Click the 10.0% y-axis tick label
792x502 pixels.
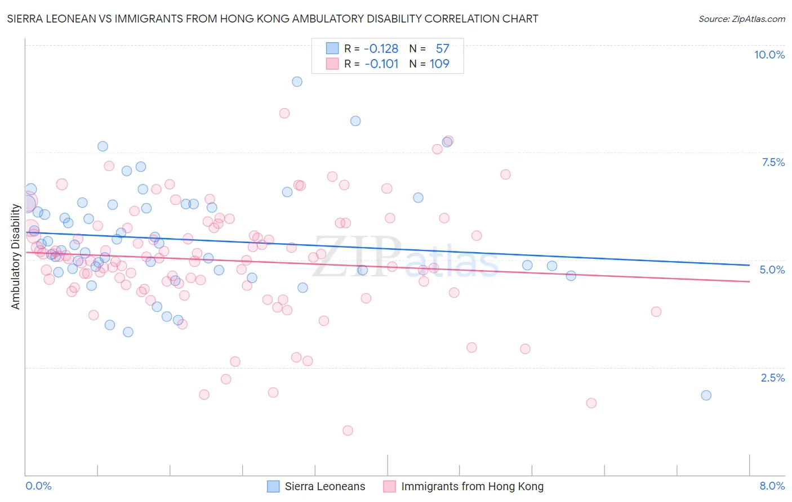[769, 55]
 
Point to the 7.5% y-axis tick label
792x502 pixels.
[773, 162]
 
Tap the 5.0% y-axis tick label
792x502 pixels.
[772, 270]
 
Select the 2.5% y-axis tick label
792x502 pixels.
[772, 378]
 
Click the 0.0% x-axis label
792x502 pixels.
[38, 486]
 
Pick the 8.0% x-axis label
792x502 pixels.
[772, 486]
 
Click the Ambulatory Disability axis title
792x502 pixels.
[16, 256]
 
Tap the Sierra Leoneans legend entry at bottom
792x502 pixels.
[324, 486]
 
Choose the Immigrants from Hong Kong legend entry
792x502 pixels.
[472, 486]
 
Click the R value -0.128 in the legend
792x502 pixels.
[381, 49]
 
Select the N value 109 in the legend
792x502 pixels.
[439, 64]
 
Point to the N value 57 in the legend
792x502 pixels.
[442, 49]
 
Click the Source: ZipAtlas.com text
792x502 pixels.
[741, 19]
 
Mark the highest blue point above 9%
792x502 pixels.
[297, 82]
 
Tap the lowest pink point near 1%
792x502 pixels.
[348, 431]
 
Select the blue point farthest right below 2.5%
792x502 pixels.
[706, 395]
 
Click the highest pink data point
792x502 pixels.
[284, 113]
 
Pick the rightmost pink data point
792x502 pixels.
[656, 311]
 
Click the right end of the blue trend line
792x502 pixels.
[749, 265]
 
